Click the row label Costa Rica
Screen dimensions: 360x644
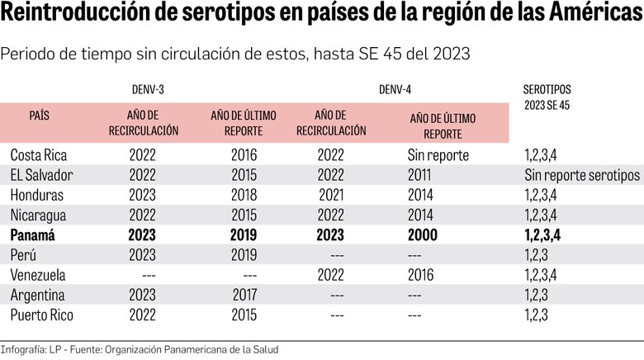coord(39,155)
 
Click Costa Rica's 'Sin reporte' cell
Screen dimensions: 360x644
coord(438,155)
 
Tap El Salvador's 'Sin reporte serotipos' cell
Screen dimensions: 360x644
coord(581,175)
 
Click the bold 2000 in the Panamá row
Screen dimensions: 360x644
coord(424,234)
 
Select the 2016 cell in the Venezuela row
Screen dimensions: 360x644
coord(422,274)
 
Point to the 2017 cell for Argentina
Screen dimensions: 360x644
coord(244,294)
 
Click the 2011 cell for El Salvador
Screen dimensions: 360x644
coord(422,175)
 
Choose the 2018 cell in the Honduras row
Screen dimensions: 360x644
coord(244,195)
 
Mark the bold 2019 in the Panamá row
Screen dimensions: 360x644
coord(244,234)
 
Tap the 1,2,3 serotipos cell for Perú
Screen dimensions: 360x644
coord(537,254)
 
